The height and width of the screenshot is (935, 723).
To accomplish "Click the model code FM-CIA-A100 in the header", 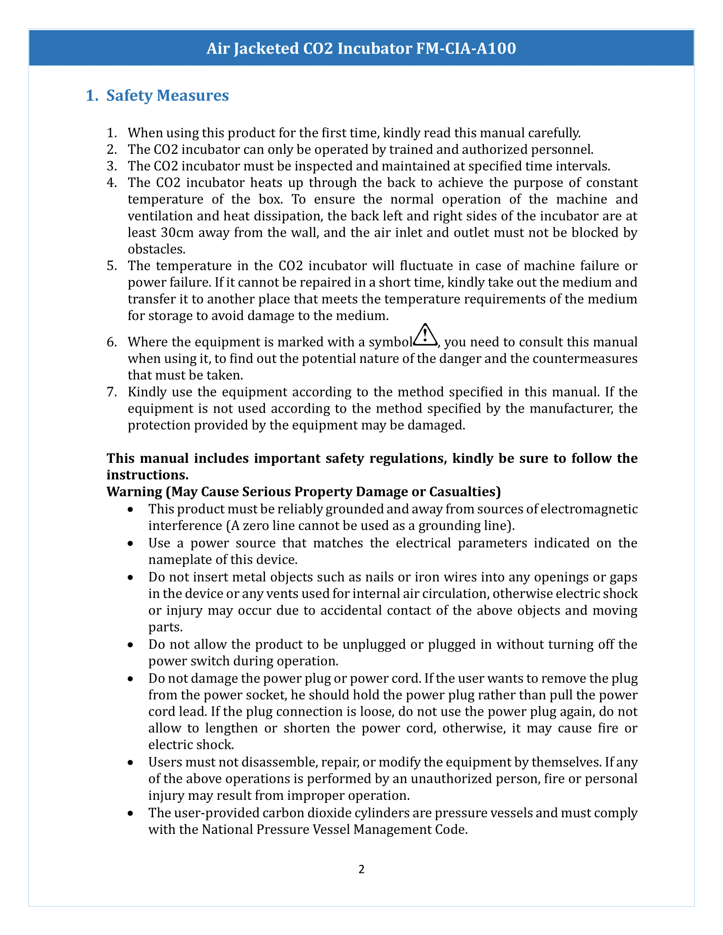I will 466,48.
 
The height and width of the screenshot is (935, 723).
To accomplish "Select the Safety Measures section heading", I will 167,96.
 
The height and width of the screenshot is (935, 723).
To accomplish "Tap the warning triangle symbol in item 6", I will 425,335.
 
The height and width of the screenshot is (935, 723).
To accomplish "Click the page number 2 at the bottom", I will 361,869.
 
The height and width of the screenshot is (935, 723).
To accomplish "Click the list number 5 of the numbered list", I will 111,266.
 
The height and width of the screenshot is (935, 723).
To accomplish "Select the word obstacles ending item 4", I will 156,249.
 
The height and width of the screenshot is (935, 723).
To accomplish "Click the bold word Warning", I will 134,491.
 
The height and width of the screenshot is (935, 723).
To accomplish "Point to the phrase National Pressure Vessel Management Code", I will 335,829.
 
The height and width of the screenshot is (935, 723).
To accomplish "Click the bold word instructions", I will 147,475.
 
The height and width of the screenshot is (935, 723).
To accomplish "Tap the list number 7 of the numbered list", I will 111,392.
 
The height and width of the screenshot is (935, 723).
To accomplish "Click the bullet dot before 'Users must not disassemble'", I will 131,762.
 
